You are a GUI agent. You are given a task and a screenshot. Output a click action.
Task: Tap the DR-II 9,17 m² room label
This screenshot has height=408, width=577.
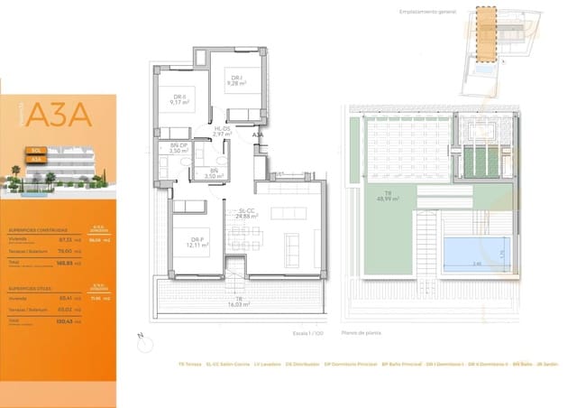[x=179, y=100]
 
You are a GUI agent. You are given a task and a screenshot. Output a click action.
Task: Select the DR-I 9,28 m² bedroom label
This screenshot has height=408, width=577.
[x=237, y=81]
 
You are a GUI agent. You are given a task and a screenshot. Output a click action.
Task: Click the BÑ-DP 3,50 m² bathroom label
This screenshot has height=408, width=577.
[x=179, y=149]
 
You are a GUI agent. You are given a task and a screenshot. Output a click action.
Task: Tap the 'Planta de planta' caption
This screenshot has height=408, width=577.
[x=362, y=333]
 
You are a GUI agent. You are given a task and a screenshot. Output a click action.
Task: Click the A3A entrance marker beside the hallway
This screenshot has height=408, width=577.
[x=258, y=135]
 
